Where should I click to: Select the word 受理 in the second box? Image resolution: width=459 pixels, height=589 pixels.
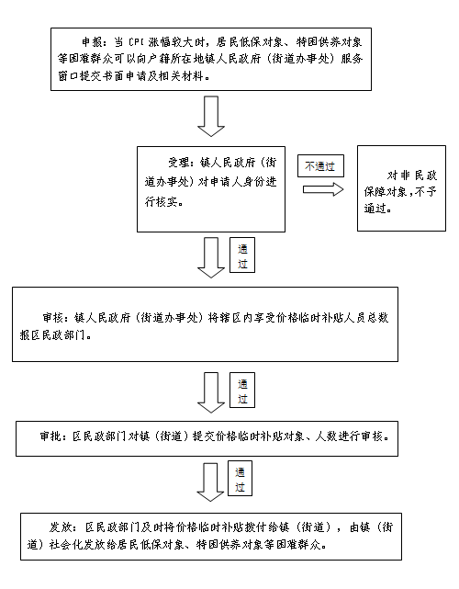click(179, 163)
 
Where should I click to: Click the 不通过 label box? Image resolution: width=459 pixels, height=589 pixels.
click(320, 166)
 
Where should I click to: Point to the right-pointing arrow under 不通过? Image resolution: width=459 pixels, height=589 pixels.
click(323, 189)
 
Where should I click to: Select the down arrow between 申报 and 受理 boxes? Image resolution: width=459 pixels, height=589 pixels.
click(211, 116)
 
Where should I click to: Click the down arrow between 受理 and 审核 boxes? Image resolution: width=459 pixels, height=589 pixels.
click(211, 257)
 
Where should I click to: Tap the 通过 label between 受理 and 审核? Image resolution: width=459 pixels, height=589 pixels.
click(242, 255)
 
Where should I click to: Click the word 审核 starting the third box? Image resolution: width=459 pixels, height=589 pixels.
click(53, 318)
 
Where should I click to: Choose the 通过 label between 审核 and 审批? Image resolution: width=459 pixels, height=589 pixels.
click(242, 391)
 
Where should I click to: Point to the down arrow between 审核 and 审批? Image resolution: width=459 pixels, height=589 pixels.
click(211, 393)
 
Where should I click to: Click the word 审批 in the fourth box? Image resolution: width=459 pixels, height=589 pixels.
click(50, 436)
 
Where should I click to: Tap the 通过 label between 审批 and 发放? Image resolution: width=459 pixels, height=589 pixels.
click(240, 479)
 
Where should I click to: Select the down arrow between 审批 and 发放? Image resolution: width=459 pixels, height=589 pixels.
click(210, 482)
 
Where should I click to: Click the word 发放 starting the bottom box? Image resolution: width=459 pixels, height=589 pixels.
click(61, 527)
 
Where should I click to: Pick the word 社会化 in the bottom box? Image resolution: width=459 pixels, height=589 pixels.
click(66, 544)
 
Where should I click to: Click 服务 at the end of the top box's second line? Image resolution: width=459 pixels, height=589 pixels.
click(352, 59)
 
